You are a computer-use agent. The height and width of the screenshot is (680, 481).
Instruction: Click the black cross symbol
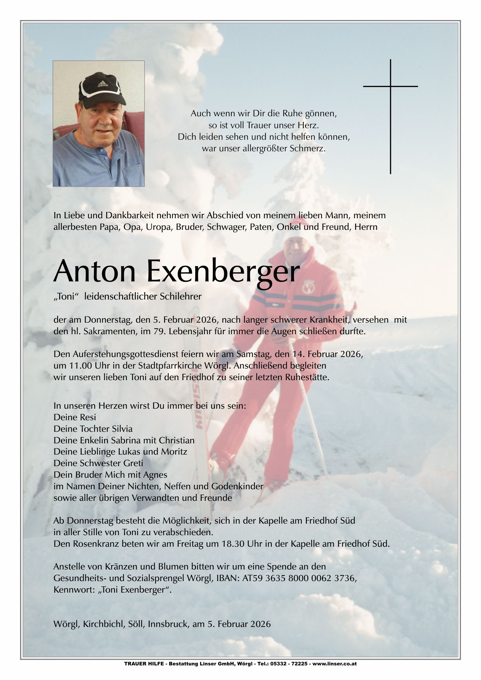[x=391, y=102]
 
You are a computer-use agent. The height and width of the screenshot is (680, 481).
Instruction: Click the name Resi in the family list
[x=88, y=417]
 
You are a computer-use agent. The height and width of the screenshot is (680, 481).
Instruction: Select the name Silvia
[x=121, y=429]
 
